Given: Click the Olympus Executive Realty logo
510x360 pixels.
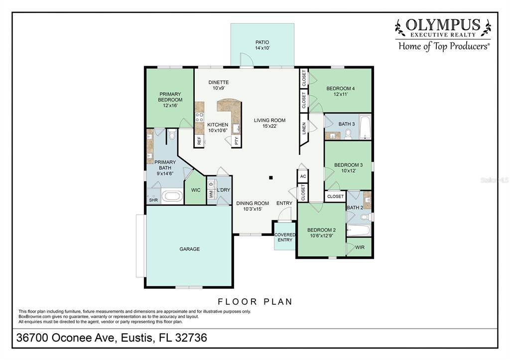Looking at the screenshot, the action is pyautogui.click(x=443, y=34).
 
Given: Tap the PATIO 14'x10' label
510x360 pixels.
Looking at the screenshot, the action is pyautogui.click(x=262, y=45).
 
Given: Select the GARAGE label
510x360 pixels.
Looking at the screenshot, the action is pyautogui.click(x=190, y=249).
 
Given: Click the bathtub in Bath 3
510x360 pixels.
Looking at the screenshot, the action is pyautogui.click(x=365, y=126).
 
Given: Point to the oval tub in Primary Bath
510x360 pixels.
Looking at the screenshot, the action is pyautogui.click(x=173, y=196).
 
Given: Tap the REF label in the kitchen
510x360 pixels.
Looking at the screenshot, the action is pyautogui.click(x=199, y=140).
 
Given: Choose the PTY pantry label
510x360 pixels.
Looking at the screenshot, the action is pyautogui.click(x=237, y=140).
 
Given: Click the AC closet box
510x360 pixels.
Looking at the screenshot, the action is pyautogui.click(x=303, y=176).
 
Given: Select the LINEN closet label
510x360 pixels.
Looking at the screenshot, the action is pyautogui.click(x=304, y=128).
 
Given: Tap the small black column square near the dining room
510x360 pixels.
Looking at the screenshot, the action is pyautogui.click(x=270, y=178).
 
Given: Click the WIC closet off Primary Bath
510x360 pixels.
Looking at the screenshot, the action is pyautogui.click(x=195, y=189).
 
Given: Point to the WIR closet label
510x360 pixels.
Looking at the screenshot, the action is pyautogui.click(x=360, y=247).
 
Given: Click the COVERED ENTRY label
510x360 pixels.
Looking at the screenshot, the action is pyautogui.click(x=285, y=238).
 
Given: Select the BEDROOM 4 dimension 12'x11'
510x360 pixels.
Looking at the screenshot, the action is pyautogui.click(x=341, y=94).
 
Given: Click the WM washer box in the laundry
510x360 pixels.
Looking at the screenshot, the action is pyautogui.click(x=211, y=194).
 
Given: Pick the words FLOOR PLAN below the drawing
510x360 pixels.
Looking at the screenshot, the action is pyautogui.click(x=255, y=302).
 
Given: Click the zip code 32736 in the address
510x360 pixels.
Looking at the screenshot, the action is pyautogui.click(x=191, y=338).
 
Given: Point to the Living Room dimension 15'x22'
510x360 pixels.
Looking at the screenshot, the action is pyautogui.click(x=269, y=126).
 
